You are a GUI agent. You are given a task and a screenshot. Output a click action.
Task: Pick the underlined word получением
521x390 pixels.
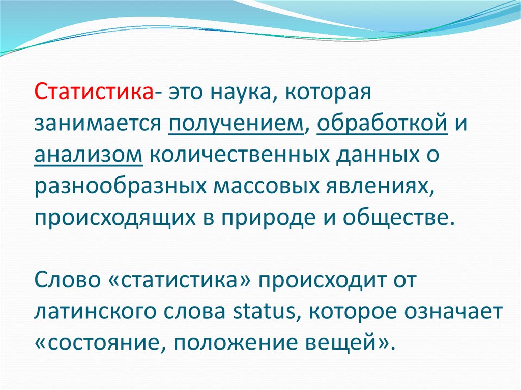[236, 124]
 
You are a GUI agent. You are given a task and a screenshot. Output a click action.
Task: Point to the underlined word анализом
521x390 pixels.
[89, 155]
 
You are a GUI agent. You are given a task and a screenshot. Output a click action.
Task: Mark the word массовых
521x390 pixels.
[266, 187]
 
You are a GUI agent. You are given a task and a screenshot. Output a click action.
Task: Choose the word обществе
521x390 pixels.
[398, 217]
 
